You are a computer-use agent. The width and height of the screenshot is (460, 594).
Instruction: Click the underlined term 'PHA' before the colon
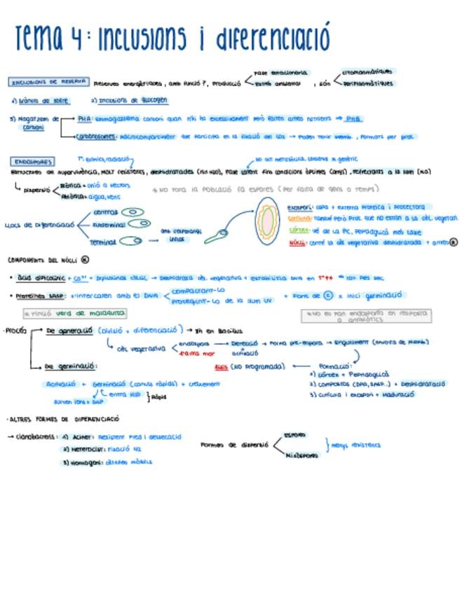click(x=85, y=119)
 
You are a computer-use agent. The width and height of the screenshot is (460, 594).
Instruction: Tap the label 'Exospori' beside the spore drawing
click(x=300, y=207)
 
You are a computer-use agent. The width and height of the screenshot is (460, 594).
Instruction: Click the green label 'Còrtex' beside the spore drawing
click(x=299, y=230)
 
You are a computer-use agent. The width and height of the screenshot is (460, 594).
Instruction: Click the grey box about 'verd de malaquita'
click(x=74, y=313)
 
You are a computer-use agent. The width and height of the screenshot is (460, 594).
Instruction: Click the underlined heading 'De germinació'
click(x=71, y=366)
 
